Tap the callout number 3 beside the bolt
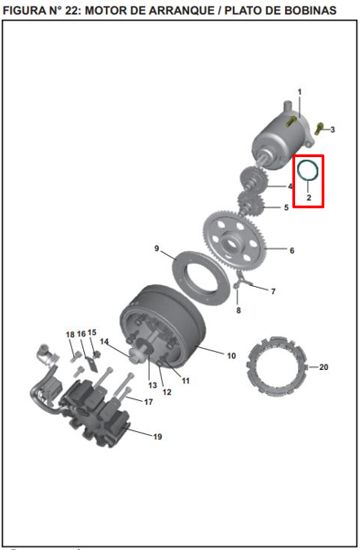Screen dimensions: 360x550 333,130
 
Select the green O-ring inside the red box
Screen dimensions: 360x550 309,169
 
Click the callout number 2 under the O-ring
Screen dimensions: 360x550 309,197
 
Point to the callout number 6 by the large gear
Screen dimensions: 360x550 292,250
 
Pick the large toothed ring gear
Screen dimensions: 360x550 243,238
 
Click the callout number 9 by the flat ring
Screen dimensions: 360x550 157,249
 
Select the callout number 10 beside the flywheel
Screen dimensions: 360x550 231,354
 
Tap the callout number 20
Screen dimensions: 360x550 323,367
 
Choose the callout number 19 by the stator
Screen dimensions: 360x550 157,437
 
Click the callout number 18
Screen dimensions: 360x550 69,334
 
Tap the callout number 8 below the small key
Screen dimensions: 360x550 238,311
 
